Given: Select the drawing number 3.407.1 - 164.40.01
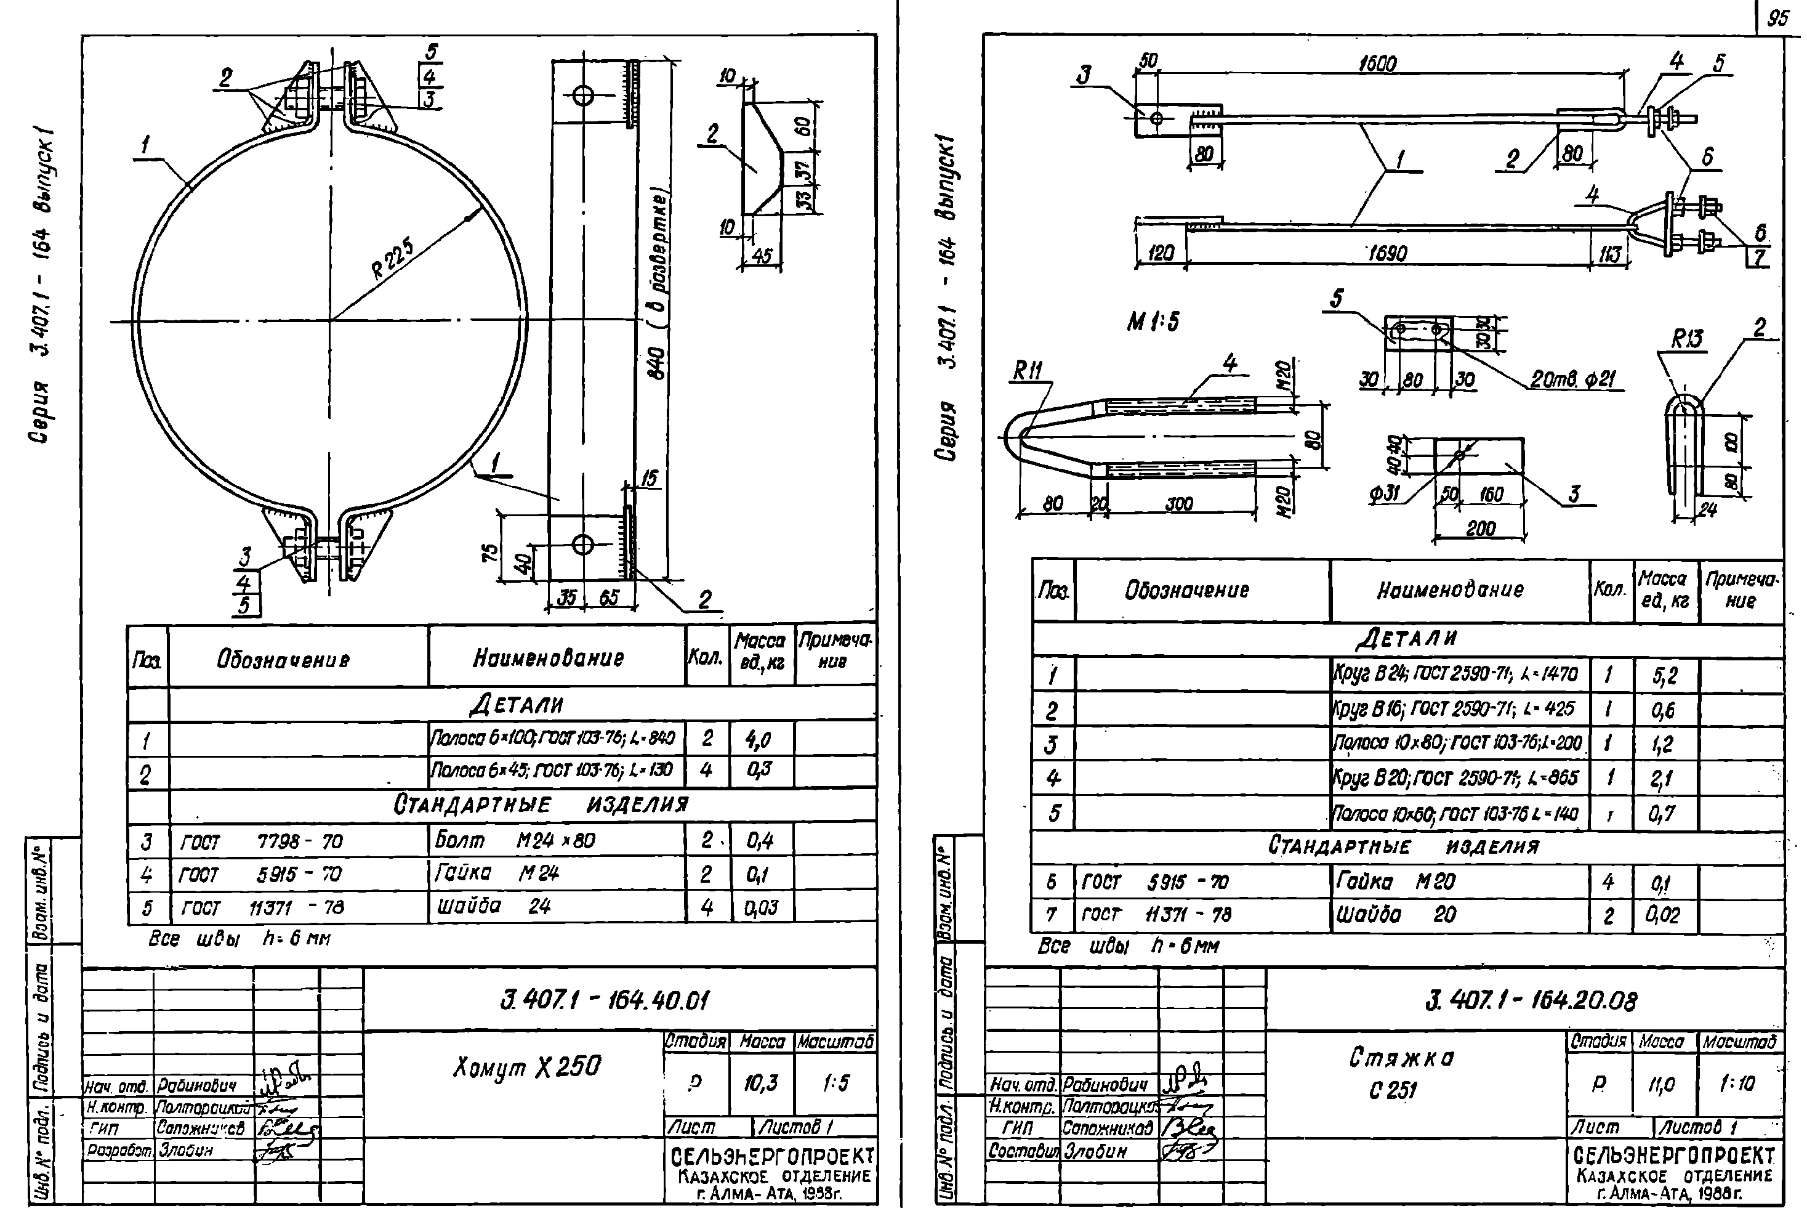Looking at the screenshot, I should click(605, 999).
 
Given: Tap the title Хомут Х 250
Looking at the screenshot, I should click(526, 1067).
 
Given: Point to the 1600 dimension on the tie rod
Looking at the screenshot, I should click(1377, 64).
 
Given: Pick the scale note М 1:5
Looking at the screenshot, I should click(1153, 320).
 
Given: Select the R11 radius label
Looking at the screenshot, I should click(1026, 373).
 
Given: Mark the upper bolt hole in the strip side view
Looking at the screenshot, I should click(582, 97).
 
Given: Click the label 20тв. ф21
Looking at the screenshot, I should click(1573, 379).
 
